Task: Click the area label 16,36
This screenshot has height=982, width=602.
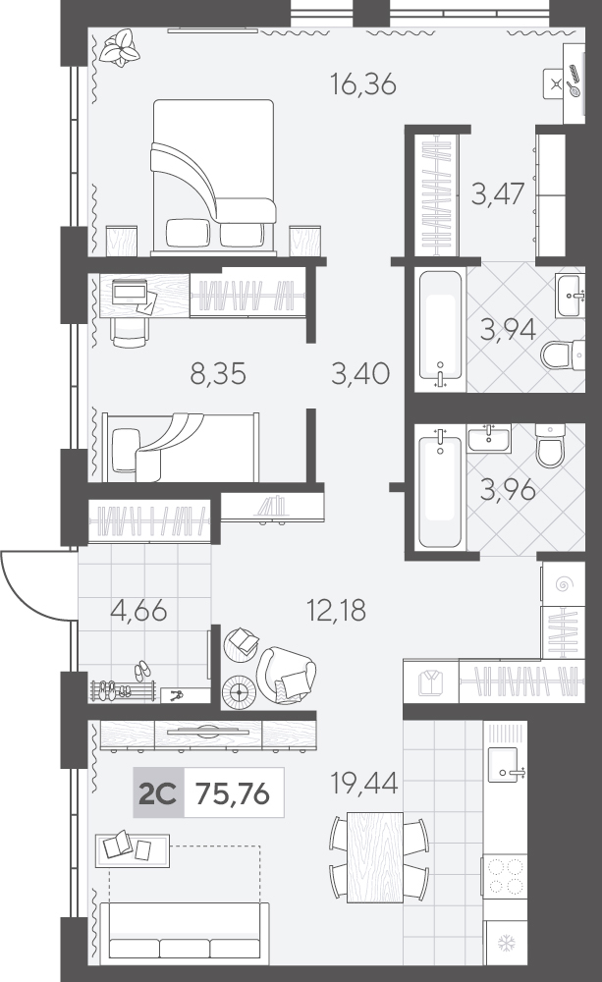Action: [363, 83]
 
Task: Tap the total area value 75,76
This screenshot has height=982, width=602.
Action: [233, 793]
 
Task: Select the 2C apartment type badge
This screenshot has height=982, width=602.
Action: [158, 793]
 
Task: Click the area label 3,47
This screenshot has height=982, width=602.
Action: [498, 193]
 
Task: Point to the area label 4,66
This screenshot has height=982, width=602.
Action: [138, 610]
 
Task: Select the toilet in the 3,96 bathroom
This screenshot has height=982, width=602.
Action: [550, 445]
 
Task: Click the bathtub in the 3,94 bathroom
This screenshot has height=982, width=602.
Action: [440, 330]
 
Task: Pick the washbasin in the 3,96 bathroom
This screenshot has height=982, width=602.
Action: [489, 437]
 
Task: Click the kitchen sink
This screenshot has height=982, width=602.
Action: [503, 764]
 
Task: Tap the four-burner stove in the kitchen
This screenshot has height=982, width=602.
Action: [506, 876]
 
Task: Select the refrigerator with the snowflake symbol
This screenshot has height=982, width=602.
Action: [506, 943]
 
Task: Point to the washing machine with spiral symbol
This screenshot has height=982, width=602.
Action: [563, 584]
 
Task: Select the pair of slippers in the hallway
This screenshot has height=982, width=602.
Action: [142, 670]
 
